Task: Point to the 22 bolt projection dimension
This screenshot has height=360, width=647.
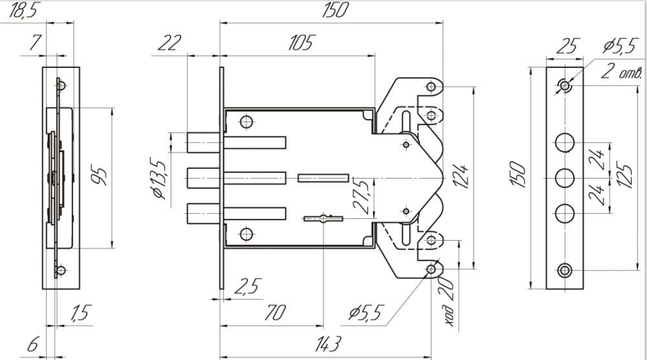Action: pyautogui.click(x=169, y=43)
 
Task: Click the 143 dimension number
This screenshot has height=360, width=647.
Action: pyautogui.click(x=328, y=343)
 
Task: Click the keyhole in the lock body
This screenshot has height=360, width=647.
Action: pyautogui.click(x=322, y=218)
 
